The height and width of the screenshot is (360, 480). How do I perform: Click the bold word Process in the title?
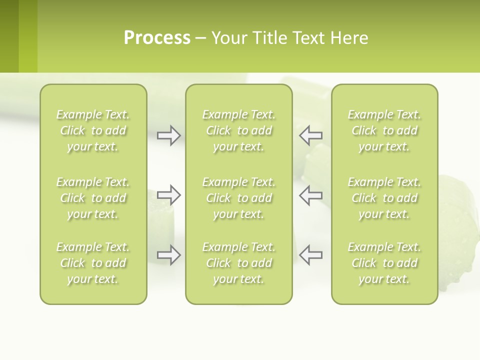(157, 38)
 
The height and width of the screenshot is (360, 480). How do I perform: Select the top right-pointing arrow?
(168, 135)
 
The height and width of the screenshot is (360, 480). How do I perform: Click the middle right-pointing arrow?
(168, 195)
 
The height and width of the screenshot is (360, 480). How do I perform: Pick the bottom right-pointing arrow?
(168, 255)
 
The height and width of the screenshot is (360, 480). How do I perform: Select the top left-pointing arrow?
(311, 135)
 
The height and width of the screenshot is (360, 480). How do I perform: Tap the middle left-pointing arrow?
(311, 195)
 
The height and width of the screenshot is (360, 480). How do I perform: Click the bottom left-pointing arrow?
(311, 255)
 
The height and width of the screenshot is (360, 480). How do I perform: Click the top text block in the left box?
(93, 130)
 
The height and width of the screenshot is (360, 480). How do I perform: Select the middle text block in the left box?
(93, 198)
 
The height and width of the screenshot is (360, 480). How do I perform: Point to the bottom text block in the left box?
(93, 263)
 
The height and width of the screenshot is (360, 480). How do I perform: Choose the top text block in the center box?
(239, 130)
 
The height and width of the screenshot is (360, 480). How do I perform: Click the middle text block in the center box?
(239, 198)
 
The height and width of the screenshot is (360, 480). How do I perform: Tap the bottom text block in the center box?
(239, 263)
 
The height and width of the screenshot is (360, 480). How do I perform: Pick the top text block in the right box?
(384, 130)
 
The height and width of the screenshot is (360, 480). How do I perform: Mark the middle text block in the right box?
(384, 198)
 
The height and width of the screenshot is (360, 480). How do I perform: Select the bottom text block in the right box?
(384, 263)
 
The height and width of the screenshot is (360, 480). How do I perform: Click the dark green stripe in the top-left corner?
(9, 36)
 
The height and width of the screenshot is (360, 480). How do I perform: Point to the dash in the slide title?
(201, 38)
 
